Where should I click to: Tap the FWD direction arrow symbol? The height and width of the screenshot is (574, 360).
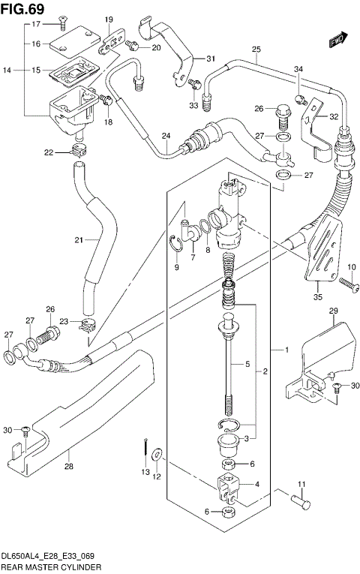pyautogui.click(x=339, y=38)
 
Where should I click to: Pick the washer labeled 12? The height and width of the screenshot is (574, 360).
pyautogui.click(x=157, y=455)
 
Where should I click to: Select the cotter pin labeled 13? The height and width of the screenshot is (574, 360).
pyautogui.click(x=142, y=450)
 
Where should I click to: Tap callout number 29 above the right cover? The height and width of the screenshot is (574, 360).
pyautogui.click(x=333, y=311)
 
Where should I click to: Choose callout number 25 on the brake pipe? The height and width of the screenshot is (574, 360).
pyautogui.click(x=255, y=50)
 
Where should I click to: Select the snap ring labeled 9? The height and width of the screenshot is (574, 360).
pyautogui.click(x=174, y=246)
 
